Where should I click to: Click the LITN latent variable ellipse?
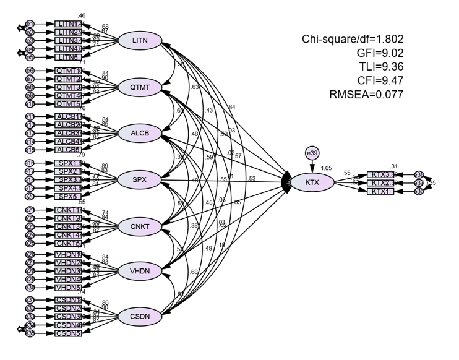point(139,40)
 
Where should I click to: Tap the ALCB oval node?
point(139,133)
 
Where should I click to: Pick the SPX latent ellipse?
point(139,179)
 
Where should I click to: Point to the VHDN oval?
point(139,271)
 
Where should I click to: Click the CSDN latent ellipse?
point(139,317)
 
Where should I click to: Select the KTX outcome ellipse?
point(312,182)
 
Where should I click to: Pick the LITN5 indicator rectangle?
point(67,57)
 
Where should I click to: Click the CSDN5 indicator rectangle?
point(67,333)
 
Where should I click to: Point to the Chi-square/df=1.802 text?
point(353,40)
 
